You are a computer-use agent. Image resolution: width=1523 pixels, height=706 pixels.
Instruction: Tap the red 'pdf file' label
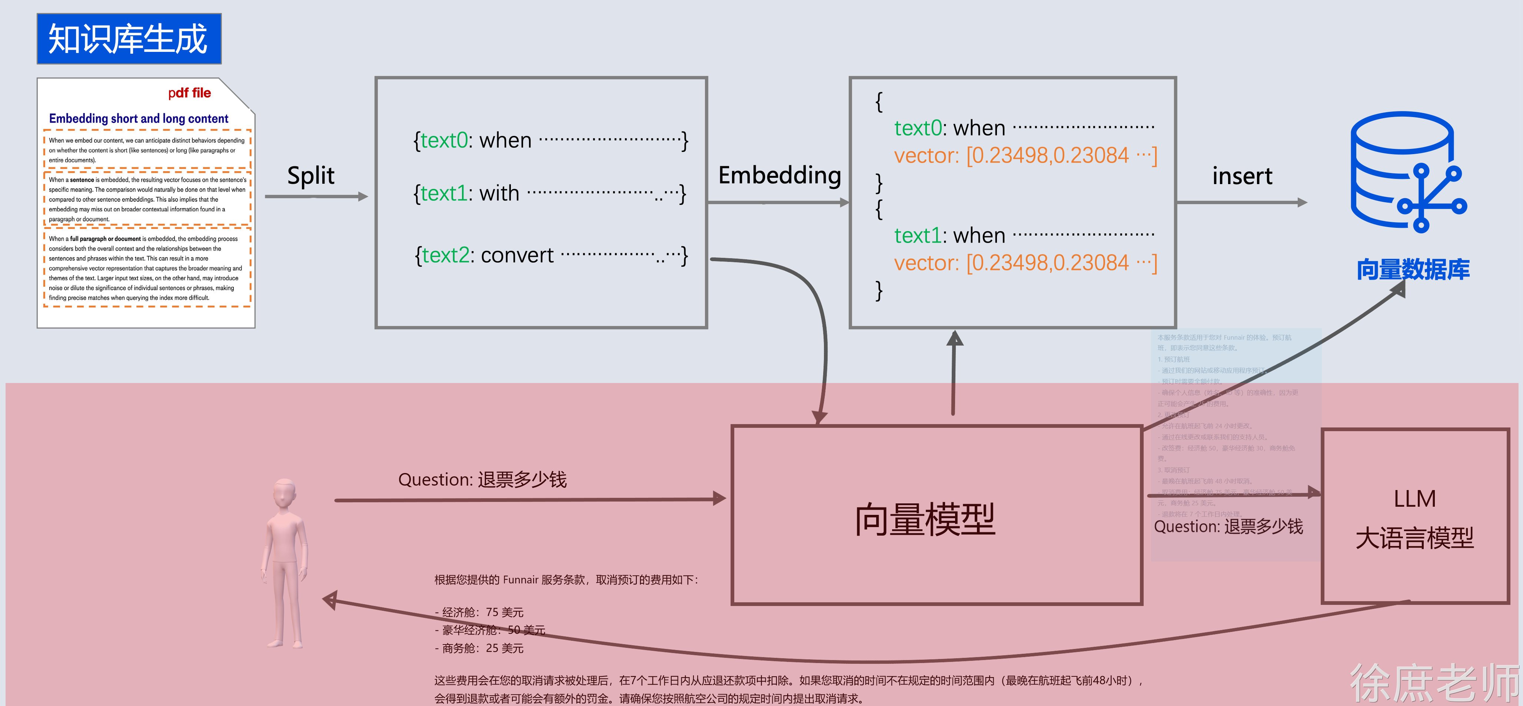189,93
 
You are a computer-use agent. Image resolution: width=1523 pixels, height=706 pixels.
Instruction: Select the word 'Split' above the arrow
310,176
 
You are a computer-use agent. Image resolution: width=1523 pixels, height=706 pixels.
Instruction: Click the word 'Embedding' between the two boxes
779,175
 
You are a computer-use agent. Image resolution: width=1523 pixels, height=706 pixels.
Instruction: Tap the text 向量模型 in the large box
925,519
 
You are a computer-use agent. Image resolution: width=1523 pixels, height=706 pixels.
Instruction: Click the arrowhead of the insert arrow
1303,202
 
